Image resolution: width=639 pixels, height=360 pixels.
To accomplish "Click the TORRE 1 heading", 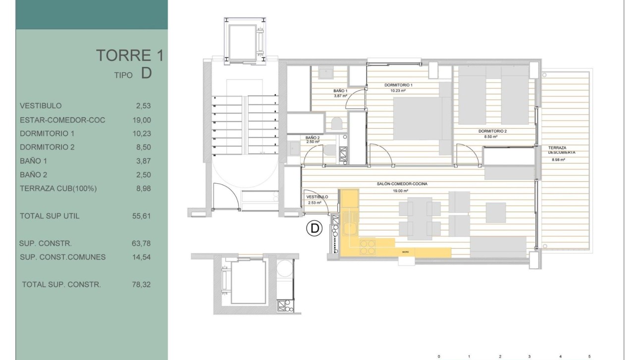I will pos(129,55).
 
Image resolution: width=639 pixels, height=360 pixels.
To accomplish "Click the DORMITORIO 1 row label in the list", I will pos(47,134).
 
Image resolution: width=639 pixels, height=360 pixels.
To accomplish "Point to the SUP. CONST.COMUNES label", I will pos(62,257).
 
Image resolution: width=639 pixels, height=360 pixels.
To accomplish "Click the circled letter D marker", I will pos(314,229).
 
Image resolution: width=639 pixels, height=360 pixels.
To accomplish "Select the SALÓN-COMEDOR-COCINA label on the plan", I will pos(402,184).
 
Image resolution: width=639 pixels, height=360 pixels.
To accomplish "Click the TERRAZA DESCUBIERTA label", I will pos(561,151).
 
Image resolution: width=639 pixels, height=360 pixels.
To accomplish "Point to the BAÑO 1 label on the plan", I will pos(340,91).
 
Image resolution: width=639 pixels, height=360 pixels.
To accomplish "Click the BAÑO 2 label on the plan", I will pos(313,138).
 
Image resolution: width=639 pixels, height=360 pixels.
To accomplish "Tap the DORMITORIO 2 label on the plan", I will pos(492,131).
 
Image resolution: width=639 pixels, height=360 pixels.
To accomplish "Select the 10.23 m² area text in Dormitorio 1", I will pos(395,91).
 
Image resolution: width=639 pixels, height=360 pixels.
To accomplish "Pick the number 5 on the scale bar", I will pos(589,356).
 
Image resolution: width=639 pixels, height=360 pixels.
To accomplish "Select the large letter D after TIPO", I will pos(146,74).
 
